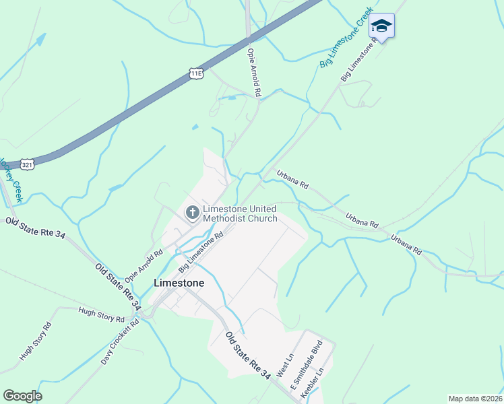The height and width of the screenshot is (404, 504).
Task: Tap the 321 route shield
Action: pos(28,164)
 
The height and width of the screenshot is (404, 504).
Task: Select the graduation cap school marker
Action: pos(381,26)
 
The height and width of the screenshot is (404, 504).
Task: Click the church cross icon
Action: pos(192,213)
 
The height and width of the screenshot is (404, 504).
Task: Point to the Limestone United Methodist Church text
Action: pos(240,213)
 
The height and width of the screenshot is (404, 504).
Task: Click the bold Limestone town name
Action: pos(179,283)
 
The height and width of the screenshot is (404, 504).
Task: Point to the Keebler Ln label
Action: pos(321,382)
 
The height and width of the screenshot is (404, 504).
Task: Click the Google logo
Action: pos(22,396)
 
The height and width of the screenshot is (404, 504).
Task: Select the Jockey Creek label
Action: pos(11,180)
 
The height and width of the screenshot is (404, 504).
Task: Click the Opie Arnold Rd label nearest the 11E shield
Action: pos(253,72)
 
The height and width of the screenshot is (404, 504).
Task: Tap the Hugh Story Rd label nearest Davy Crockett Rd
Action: pos(101,314)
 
